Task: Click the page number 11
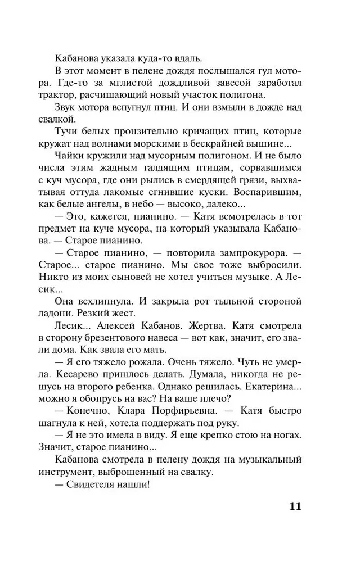coord(295,505)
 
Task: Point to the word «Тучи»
coord(69,132)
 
